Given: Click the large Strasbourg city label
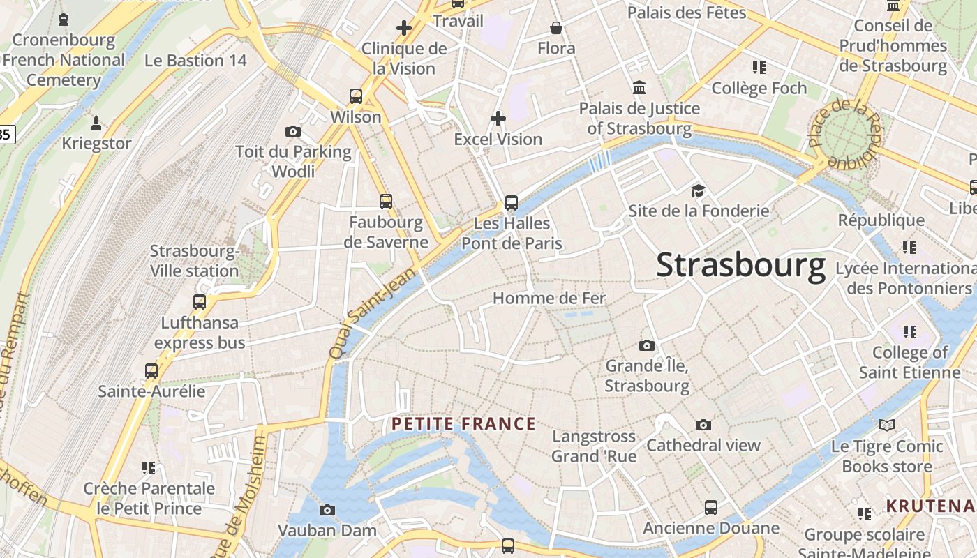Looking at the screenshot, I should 740,266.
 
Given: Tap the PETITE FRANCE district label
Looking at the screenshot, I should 463,424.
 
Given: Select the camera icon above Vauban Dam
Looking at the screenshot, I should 327,510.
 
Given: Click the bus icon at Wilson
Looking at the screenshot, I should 356,96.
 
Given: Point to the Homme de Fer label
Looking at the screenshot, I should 549,298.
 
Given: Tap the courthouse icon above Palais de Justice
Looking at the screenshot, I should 639,88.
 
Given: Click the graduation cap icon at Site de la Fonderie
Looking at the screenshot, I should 698,190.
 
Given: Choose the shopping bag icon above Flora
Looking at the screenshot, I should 556,28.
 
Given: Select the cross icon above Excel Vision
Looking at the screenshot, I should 498,119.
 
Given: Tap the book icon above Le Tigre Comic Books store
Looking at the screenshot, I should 886,425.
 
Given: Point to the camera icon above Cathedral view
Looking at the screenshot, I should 703,425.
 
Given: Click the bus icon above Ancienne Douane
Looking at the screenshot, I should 710,508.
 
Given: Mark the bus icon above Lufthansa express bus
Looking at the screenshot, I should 200,302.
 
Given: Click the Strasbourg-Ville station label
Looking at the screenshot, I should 195,261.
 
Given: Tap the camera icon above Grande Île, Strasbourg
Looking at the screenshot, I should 647,345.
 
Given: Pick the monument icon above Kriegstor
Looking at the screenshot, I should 96,123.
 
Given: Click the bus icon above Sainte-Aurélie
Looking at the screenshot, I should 151,370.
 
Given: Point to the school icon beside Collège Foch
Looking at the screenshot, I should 759,68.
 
